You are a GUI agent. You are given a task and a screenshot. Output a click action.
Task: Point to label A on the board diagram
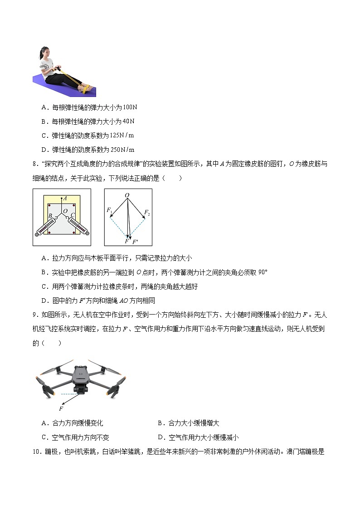[x=65, y=198]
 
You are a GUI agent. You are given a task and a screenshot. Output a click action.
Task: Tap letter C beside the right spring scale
[x=73, y=215]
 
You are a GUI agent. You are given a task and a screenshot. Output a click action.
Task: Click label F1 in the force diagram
[x=109, y=211]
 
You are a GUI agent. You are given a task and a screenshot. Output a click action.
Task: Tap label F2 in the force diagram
[x=147, y=212]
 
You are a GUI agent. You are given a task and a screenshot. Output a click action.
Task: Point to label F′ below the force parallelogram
[x=135, y=242]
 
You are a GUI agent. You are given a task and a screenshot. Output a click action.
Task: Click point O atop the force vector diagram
[x=127, y=195]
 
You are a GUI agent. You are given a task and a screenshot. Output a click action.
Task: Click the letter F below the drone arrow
[x=61, y=408]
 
